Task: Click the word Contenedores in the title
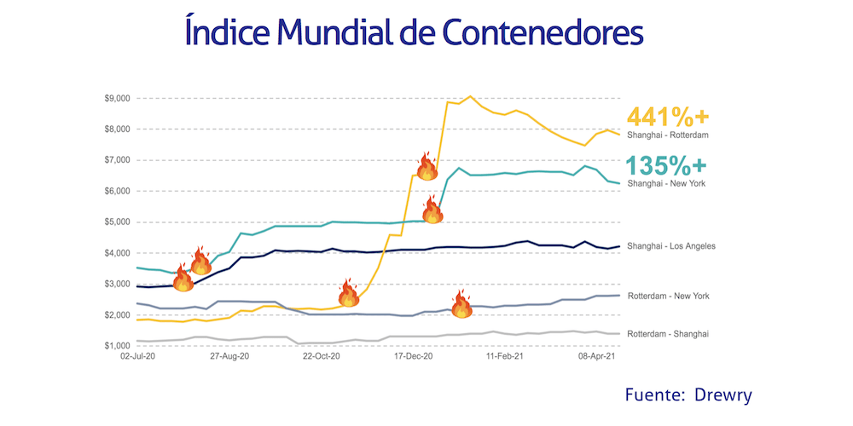[x=542, y=33]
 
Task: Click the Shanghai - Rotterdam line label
[x=668, y=135]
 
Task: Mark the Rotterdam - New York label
[x=668, y=296]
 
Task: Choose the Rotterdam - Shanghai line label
[x=668, y=333]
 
